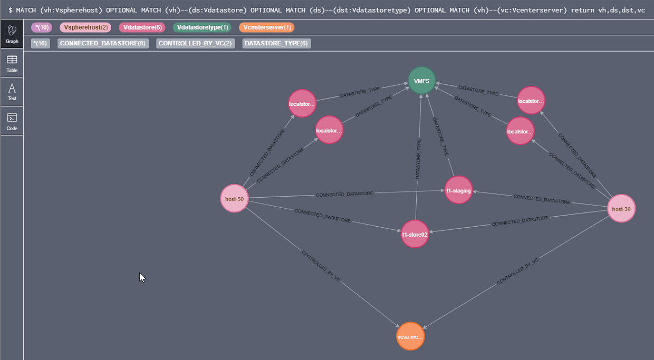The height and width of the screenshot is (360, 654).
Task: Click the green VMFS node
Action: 421,81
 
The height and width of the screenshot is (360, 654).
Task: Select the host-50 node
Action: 234,199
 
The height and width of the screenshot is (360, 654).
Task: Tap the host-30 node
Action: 621,209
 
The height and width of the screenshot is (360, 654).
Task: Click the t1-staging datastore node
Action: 458,190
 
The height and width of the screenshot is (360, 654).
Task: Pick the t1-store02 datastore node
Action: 415,235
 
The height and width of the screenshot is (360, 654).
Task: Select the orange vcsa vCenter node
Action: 410,336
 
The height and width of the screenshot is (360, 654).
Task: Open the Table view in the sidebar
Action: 12,63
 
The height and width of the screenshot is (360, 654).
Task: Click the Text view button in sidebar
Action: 12,92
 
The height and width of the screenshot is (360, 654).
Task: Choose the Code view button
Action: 12,121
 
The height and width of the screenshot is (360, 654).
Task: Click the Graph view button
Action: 12,34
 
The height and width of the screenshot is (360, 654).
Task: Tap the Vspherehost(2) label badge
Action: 85,27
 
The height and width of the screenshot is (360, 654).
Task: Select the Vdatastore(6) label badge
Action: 143,27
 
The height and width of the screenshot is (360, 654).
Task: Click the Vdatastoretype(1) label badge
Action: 202,27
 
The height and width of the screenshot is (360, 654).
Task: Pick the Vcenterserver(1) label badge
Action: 266,27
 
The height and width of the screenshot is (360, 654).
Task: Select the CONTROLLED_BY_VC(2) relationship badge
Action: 195,43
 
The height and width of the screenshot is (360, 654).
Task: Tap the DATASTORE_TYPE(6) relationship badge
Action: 276,43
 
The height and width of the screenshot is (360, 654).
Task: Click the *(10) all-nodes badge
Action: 41,27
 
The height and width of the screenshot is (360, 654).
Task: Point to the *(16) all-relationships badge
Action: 40,43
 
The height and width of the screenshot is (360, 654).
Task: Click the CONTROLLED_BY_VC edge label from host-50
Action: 321,266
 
